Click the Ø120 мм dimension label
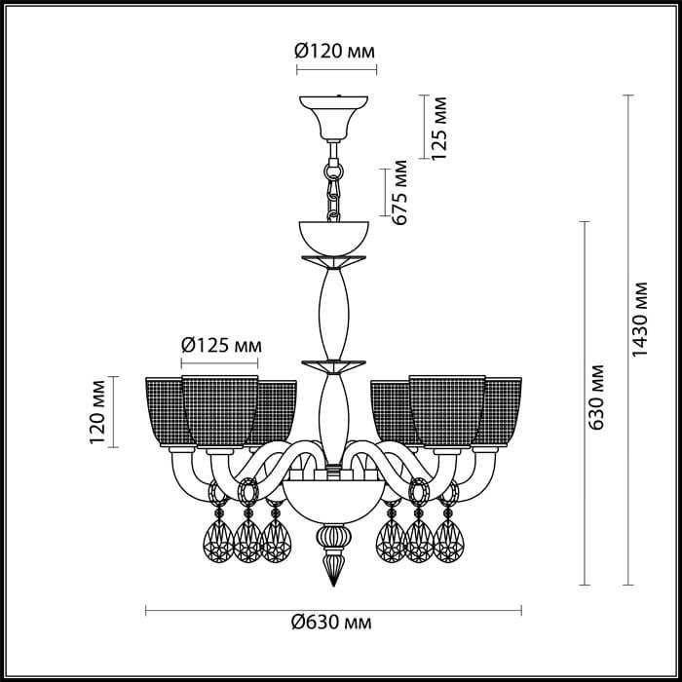click(x=334, y=52)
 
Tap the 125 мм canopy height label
click(x=439, y=128)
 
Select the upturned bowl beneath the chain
click(x=334, y=235)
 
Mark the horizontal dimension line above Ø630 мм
click(x=333, y=610)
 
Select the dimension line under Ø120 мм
click(x=333, y=70)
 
